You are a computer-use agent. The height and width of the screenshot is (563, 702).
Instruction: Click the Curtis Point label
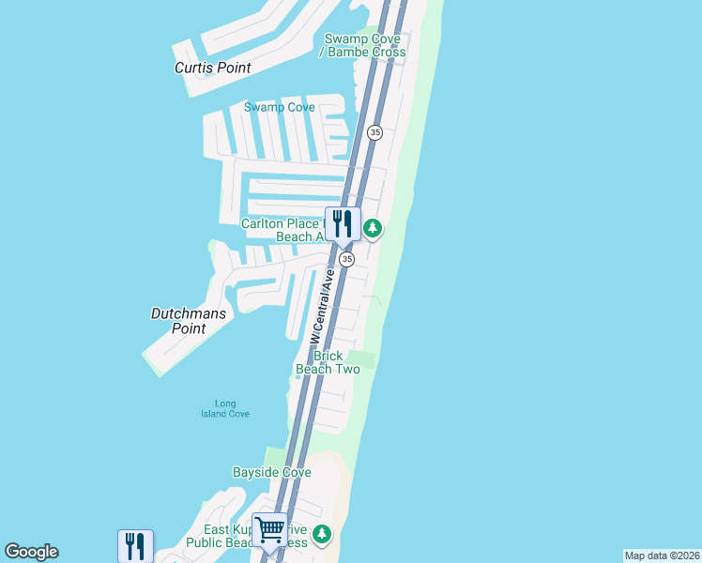[x=213, y=68]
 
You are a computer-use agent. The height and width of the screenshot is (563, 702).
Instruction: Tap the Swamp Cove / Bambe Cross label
[x=365, y=45]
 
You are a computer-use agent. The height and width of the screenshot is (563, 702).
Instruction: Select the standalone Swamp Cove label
[x=280, y=107]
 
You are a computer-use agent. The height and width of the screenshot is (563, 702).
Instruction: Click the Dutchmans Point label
[x=189, y=321]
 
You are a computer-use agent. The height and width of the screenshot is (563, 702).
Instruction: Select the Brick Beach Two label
[x=328, y=362]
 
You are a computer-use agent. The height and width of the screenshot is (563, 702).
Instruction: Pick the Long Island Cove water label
[x=225, y=409]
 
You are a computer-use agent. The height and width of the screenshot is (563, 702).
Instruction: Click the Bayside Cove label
[x=271, y=472]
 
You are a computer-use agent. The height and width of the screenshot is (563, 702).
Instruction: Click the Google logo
[x=31, y=552]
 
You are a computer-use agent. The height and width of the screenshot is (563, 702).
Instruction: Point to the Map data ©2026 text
[x=662, y=555]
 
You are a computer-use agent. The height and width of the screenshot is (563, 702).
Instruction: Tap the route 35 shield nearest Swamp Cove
[x=375, y=132]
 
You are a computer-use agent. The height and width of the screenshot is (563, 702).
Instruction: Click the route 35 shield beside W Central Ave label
[x=346, y=259]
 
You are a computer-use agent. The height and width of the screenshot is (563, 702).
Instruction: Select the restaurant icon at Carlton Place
[x=343, y=223]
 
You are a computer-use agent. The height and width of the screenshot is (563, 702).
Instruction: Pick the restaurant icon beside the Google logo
[x=135, y=546]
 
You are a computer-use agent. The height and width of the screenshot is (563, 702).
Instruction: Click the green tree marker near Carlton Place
[x=373, y=228]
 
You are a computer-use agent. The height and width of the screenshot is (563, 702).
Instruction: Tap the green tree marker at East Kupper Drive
[x=322, y=534]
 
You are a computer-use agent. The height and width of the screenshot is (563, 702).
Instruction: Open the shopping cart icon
[x=269, y=530]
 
